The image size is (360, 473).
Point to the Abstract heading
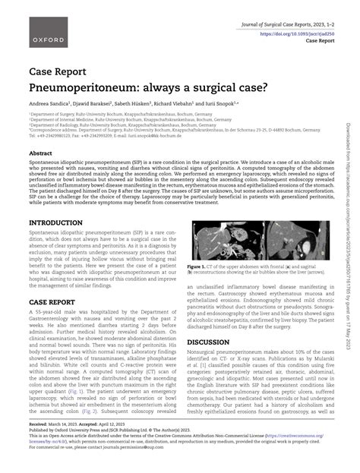(x=41, y=153)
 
